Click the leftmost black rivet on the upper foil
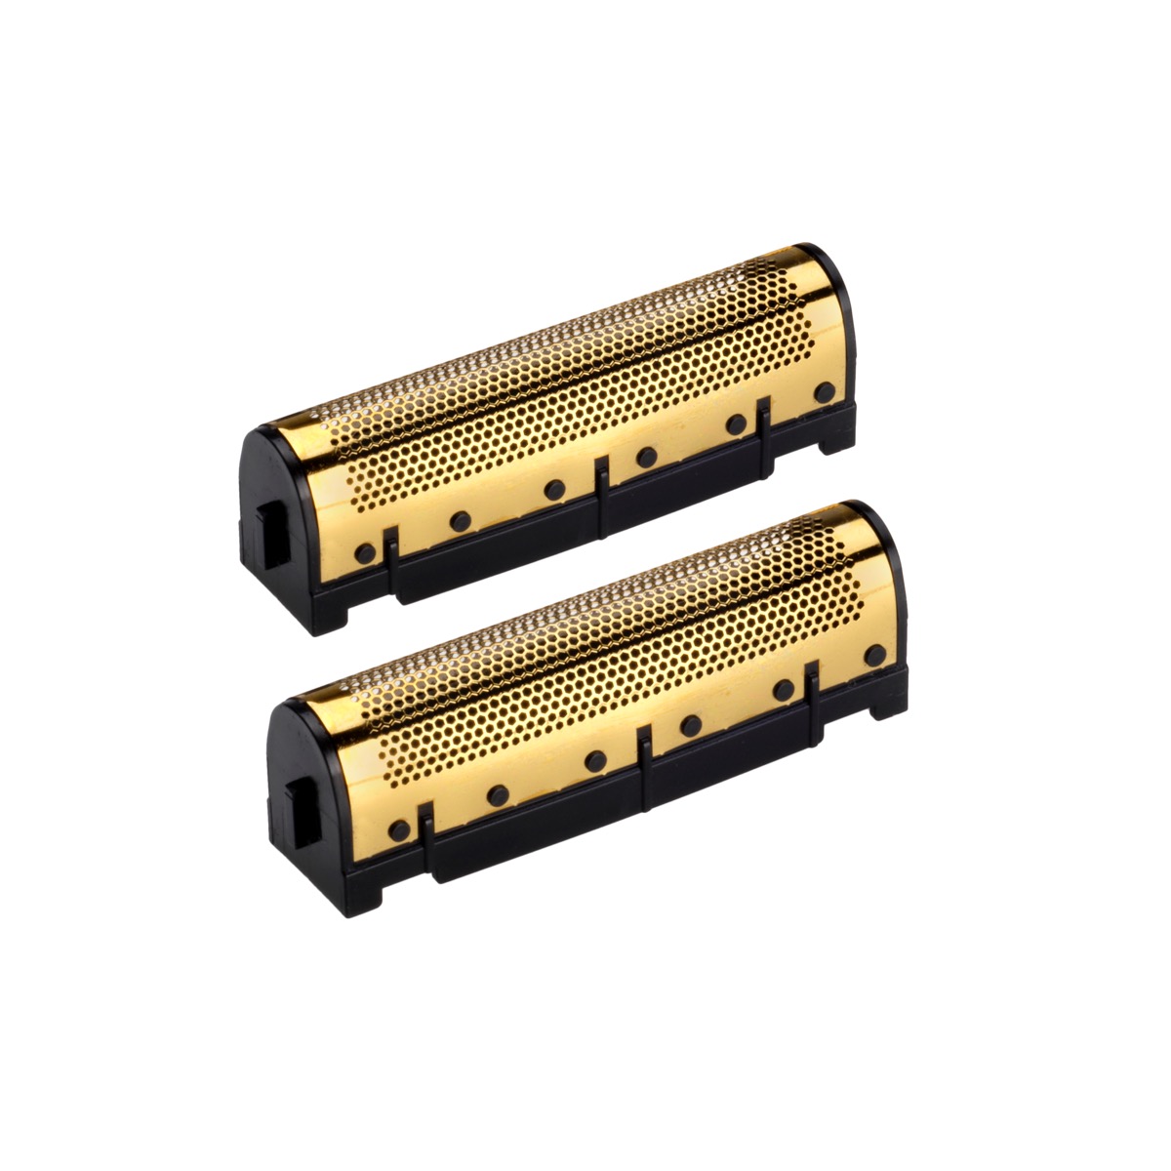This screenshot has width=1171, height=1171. click(x=366, y=552)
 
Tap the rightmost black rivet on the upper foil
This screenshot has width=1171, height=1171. click(x=826, y=393)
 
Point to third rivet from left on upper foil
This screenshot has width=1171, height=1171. click(x=554, y=488)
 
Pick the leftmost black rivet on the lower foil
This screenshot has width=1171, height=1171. click(x=398, y=831)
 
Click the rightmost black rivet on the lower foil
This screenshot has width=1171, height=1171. click(x=875, y=655)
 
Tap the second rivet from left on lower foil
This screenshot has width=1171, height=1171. click(x=497, y=794)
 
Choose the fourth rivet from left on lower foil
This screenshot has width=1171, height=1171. click(x=691, y=725)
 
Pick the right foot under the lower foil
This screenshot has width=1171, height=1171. click(x=887, y=705)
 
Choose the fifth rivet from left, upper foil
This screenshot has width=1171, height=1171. click(x=736, y=424)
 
